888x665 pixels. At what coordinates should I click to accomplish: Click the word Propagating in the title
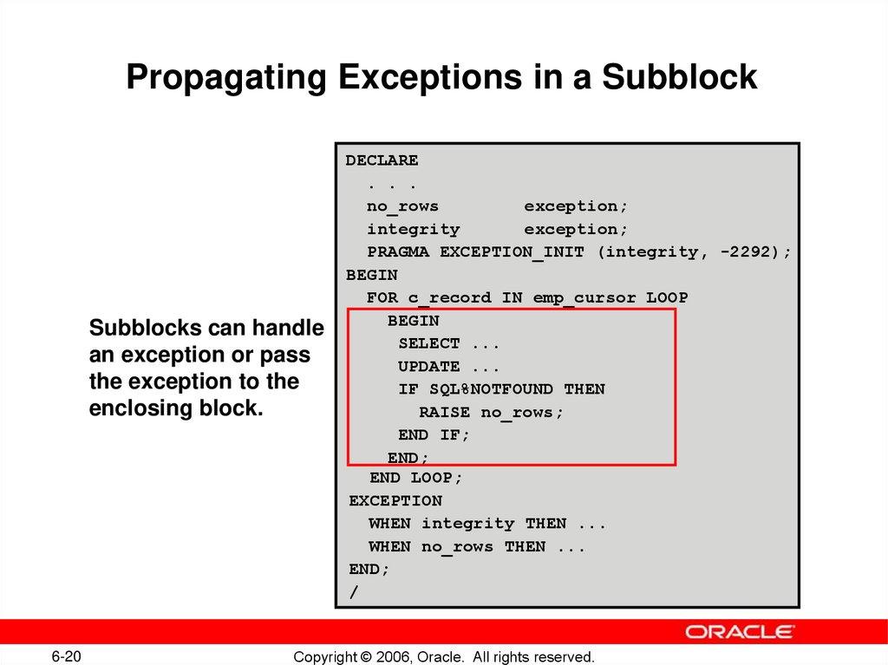225,78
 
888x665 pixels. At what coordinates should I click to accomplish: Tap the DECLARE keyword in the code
382,160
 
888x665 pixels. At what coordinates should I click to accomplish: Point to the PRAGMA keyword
400,252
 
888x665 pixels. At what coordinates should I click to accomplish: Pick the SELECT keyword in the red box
429,343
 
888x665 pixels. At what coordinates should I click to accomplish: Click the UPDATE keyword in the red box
429,367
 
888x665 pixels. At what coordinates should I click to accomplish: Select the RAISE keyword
444,413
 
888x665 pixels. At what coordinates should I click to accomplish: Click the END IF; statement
434,435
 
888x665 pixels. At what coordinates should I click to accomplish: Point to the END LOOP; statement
416,478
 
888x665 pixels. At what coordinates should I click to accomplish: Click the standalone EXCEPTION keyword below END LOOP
395,500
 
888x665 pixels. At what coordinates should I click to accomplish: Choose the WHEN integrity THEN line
486,524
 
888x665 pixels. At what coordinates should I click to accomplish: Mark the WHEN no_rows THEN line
476,547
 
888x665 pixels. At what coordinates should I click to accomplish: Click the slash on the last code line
353,592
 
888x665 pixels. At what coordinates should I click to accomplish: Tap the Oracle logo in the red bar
740,631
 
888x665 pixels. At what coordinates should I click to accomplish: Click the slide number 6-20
67,655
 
